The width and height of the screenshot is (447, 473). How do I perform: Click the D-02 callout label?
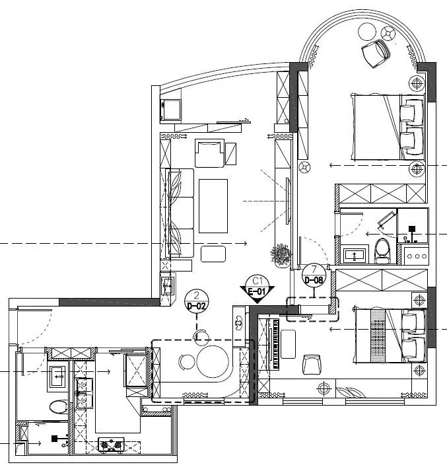pos(197,306)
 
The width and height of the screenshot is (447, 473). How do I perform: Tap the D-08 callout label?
pos(314,280)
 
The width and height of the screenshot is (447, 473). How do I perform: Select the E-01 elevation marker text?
pos(257,292)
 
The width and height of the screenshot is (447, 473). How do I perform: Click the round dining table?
pos(213,361)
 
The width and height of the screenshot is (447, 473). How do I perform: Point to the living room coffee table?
pos(213,206)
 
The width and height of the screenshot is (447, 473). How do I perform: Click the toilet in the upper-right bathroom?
pos(382,251)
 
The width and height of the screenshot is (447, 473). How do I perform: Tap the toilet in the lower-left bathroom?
pos(59,406)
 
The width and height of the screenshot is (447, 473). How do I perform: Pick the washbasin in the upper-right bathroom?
pos(355,256)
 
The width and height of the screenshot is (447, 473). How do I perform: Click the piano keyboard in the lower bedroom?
pos(276,344)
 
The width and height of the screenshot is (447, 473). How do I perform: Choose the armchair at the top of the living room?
pos(209,153)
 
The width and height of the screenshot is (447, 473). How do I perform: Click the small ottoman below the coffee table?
pos(213,254)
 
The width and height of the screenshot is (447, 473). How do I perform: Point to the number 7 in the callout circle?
pos(314,269)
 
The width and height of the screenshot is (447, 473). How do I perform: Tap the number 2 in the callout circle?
pos(197,295)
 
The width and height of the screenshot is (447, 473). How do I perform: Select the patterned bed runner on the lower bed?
pos(378,336)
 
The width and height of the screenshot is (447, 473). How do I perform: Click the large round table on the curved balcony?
pos(367,31)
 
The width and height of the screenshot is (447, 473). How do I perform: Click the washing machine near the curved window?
pos(171,110)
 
